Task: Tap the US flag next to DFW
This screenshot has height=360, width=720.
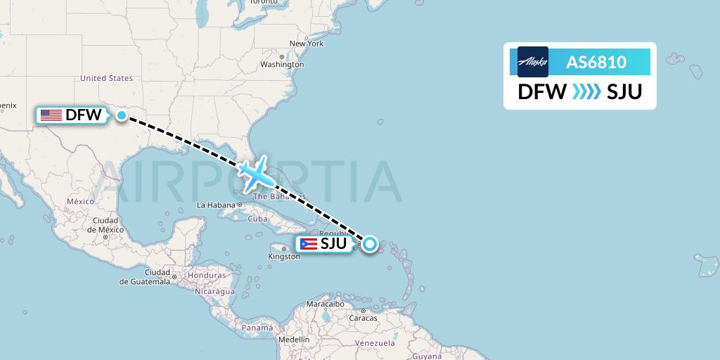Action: coord(51,115)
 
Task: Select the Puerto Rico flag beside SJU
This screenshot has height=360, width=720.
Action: coord(308,244)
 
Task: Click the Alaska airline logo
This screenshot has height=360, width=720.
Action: coord(533,62)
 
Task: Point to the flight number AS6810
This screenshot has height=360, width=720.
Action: coord(596,63)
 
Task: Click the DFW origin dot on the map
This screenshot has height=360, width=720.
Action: coord(122,115)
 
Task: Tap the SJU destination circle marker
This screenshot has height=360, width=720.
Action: coord(369,244)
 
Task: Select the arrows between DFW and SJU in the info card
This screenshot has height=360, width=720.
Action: coord(586,91)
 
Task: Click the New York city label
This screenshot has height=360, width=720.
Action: coord(307,44)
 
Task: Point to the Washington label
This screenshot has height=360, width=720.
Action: coord(282,64)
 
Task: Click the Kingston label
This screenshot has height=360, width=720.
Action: coord(284,257)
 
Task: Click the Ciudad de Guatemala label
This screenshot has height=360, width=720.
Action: coord(146,276)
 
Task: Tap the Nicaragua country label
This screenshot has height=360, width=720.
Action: coord(215,291)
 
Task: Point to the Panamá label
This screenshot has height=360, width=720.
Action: coord(257,328)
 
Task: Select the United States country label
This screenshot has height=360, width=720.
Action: coord(107,79)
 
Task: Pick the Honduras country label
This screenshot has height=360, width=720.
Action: coord(206,275)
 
